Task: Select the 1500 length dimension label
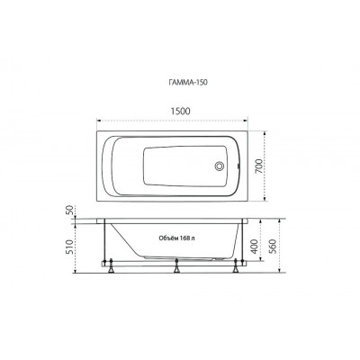pos(180,111)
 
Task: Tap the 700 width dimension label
pos(258,166)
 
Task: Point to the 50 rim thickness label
pos(69,210)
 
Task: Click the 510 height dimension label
pos(69,247)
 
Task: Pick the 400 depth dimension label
pos(254,247)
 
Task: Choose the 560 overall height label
pos(273,247)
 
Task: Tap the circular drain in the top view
pos(220,166)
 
